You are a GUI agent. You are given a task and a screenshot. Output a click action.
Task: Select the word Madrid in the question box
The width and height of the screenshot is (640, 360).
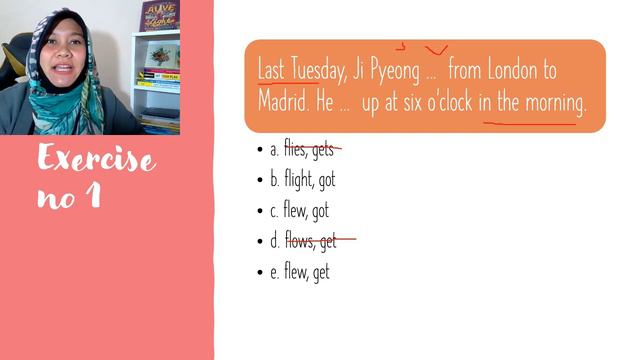point(287,104)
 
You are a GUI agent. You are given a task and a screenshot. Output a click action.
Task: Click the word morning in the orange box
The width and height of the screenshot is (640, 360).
point(551,104)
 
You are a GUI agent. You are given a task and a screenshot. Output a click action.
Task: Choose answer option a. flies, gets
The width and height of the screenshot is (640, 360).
point(301,150)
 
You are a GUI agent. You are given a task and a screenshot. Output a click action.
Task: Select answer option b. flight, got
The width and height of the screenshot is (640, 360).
point(302,181)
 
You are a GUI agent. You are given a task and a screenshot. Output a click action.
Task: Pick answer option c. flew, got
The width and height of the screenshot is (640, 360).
point(299,211)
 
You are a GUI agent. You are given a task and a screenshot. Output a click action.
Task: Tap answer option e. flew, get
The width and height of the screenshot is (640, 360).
point(299,271)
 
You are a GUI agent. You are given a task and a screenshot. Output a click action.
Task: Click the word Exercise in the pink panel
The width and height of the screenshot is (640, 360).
point(96,159)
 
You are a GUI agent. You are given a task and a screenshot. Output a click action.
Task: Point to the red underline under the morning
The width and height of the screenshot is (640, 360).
point(530,124)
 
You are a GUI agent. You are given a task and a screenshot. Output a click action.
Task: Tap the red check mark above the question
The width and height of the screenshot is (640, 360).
point(435,48)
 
